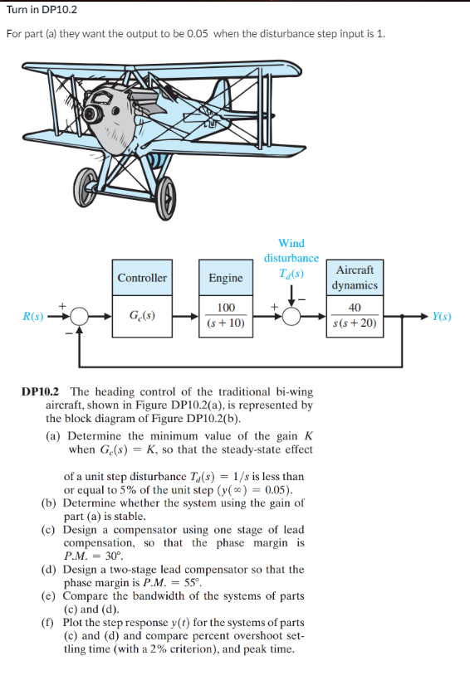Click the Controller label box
(142, 278)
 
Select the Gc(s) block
(142, 316)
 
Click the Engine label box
(225, 278)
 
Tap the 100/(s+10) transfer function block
(225, 316)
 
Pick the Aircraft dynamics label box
(355, 277)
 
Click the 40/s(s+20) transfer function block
(355, 316)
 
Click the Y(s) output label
(443, 317)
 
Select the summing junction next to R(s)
(79, 317)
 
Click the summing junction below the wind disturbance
(291, 317)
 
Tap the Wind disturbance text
(291, 250)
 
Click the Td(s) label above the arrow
(291, 273)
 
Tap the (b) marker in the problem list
(49, 503)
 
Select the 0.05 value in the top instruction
(201, 33)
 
